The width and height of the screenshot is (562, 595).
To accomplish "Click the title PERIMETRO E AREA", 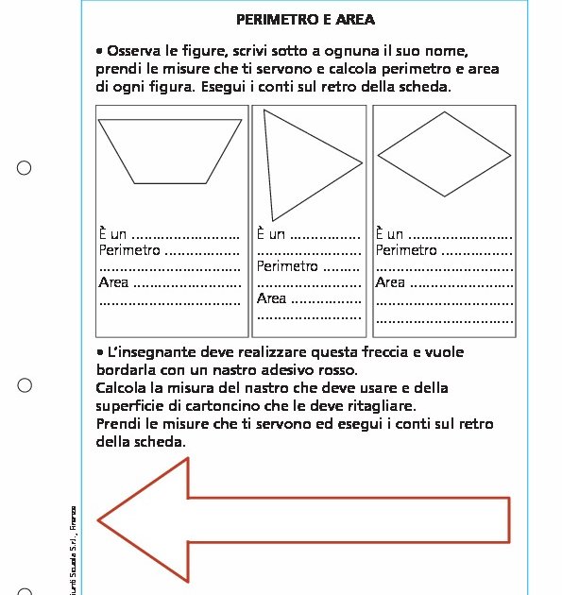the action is point(305,19).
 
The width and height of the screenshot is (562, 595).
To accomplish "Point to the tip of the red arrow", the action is point(98,520).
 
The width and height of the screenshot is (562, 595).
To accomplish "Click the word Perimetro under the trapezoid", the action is point(129,250).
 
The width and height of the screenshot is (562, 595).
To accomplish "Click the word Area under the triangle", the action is point(271,298).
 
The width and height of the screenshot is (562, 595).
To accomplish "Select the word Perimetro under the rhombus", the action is point(406,250).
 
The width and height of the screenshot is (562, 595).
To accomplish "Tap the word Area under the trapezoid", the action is point(113,282).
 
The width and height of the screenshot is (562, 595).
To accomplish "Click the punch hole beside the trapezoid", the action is point(25,168).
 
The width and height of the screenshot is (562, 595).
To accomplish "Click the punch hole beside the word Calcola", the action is point(25,385).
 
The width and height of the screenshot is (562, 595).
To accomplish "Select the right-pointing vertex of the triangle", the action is point(363,163).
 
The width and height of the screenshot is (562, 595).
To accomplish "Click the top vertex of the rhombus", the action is point(444,111).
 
